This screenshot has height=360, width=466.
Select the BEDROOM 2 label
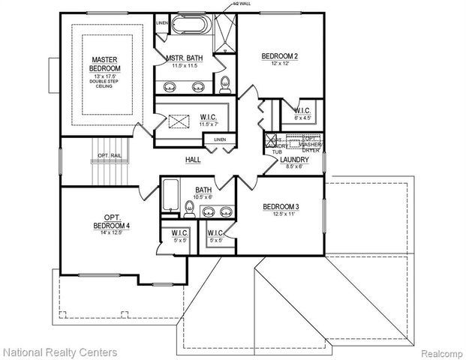pyautogui.click(x=281, y=55)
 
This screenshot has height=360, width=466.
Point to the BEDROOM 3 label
pyautogui.click(x=281, y=207)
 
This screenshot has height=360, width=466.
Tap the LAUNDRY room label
pyautogui.click(x=295, y=160)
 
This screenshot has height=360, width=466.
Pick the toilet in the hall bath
pyautogui.click(x=188, y=207)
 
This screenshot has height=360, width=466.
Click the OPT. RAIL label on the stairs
pyautogui.click(x=108, y=155)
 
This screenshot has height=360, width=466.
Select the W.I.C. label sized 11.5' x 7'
pyautogui.click(x=208, y=116)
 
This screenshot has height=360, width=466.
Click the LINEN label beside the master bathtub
pyautogui.click(x=162, y=23)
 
